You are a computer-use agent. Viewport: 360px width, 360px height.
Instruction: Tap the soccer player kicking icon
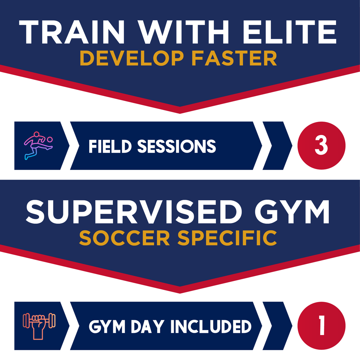[37, 146]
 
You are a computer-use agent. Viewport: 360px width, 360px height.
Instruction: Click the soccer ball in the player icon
[50, 140]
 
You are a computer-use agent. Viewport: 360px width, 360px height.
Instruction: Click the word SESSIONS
[176, 146]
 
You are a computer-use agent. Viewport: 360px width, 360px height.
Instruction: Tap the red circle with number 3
[321, 146]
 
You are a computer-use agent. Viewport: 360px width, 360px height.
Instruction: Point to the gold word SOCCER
[125, 238]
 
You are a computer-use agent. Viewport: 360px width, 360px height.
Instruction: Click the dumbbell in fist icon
[39, 325]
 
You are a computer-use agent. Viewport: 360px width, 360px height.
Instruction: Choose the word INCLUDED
[211, 327]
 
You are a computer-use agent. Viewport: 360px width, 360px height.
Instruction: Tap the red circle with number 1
[321, 326]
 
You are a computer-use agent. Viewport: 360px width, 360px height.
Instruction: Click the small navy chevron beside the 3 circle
[278, 146]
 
